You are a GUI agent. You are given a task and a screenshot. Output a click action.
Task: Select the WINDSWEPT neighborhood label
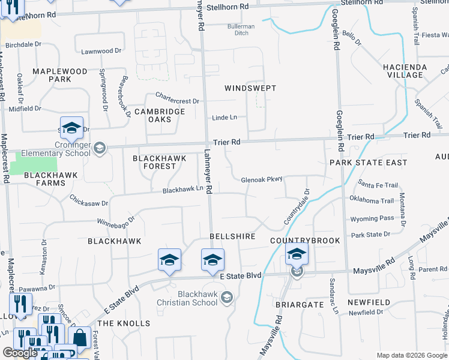tap(250, 88)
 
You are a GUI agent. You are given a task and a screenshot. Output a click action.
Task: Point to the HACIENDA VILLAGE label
tap(405, 71)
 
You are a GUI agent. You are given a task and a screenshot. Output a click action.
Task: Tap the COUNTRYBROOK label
tap(305, 241)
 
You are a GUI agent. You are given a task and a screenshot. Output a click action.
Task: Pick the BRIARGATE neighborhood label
tap(299, 305)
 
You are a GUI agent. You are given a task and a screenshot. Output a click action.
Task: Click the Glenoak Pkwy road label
tap(261, 179)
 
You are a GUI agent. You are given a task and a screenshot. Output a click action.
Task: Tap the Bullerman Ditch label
tap(241, 29)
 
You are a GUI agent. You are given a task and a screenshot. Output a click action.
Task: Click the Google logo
tap(20, 353)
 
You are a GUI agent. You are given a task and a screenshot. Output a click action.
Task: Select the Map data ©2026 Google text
tap(411, 355)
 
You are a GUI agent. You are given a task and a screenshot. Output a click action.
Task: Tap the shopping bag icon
tap(79, 337)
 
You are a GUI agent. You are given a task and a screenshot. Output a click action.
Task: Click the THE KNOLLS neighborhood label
tap(124, 323)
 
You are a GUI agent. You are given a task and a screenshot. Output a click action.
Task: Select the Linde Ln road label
tap(224, 118)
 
